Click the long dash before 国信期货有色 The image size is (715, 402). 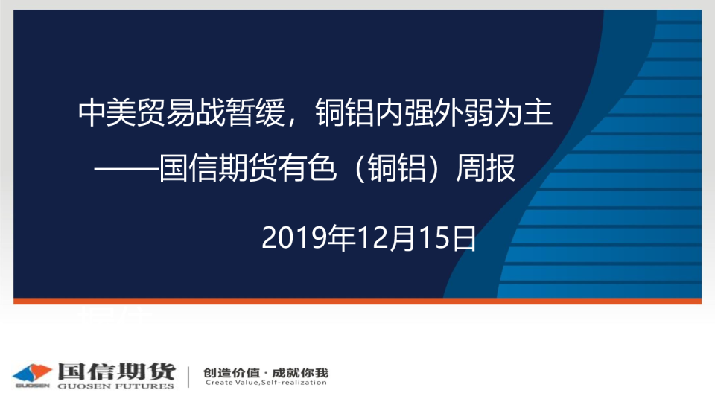[127, 169]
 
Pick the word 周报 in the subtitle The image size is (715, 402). [486, 168]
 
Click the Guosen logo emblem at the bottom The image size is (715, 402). [32, 374]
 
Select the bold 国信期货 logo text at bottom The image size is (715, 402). [117, 371]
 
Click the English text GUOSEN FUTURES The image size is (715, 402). [116, 386]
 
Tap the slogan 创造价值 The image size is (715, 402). [231, 373]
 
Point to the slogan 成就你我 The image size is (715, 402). [300, 373]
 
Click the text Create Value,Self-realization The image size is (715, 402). [266, 383]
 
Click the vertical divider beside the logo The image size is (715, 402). [188, 377]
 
